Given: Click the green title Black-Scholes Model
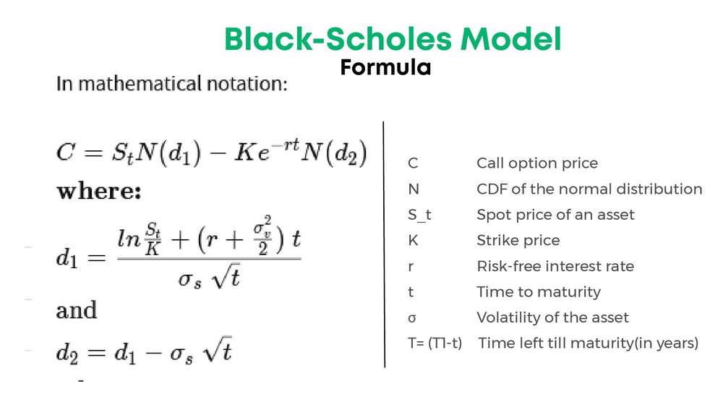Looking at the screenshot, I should [x=393, y=39].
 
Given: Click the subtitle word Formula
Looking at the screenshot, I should [x=385, y=68].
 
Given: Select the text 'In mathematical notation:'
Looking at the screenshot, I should [x=172, y=84].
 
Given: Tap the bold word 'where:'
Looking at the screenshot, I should [x=98, y=192].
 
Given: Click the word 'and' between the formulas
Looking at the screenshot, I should [x=77, y=311].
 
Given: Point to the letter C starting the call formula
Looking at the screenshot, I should [x=66, y=155].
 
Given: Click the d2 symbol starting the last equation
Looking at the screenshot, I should [x=67, y=354].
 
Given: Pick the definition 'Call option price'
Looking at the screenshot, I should [x=537, y=163].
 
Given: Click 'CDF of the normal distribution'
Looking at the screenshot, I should [x=589, y=189].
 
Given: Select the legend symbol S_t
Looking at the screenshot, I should [x=419, y=215].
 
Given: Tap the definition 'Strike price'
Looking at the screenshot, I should [x=518, y=241].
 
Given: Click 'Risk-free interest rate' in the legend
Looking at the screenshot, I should [x=555, y=266].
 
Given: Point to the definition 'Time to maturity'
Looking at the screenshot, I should [x=539, y=292].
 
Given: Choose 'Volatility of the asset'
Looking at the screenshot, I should [x=552, y=317].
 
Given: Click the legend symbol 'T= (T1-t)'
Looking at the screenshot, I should [x=435, y=343].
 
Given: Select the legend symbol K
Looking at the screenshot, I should [x=413, y=241].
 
